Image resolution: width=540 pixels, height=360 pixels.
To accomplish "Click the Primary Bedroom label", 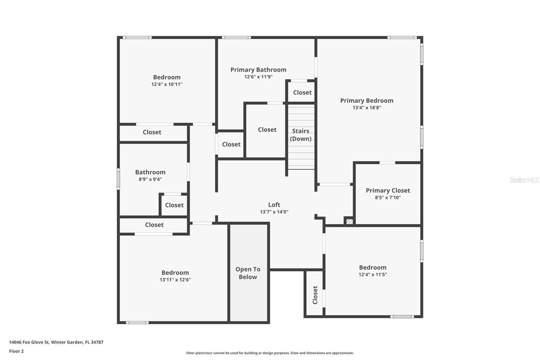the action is pyautogui.click(x=367, y=101).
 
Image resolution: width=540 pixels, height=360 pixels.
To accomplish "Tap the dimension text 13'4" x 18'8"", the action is pyautogui.click(x=367, y=108).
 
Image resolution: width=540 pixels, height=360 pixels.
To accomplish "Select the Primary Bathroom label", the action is pyautogui.click(x=259, y=70).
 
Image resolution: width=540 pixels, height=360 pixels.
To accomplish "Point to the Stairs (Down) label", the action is pyautogui.click(x=301, y=135).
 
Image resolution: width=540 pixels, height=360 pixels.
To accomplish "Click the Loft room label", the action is pyautogui.click(x=274, y=205).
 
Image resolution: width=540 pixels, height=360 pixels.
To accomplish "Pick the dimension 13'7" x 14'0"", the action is pyautogui.click(x=274, y=212).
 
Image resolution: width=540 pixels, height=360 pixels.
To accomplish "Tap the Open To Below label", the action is pyautogui.click(x=248, y=273).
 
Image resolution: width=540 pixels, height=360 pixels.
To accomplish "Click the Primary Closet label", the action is pyautogui.click(x=388, y=190).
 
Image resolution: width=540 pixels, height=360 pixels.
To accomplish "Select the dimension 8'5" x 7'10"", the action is pyautogui.click(x=388, y=198).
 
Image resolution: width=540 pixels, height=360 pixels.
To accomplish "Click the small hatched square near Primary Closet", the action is pyautogui.click(x=350, y=222).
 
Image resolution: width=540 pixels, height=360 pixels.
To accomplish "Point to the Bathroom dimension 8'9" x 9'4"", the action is pyautogui.click(x=150, y=179).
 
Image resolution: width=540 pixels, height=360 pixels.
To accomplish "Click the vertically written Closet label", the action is pyautogui.click(x=315, y=295).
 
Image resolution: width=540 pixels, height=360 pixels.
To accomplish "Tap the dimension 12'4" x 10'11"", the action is pyautogui.click(x=167, y=84).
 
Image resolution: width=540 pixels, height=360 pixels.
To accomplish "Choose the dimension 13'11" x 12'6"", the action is pyautogui.click(x=175, y=280).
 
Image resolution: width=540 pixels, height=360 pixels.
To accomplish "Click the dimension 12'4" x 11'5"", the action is pyautogui.click(x=373, y=275).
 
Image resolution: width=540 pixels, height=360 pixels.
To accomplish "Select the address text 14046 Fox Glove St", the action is pyautogui.click(x=29, y=342).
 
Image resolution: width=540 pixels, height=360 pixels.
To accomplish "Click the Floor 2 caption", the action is pyautogui.click(x=17, y=351).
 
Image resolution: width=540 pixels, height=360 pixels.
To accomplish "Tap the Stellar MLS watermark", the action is pyautogui.click(x=524, y=180).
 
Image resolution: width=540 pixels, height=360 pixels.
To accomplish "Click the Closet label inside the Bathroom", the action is pyautogui.click(x=174, y=205).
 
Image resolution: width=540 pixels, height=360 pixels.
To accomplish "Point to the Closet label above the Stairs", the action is pyautogui.click(x=302, y=93).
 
